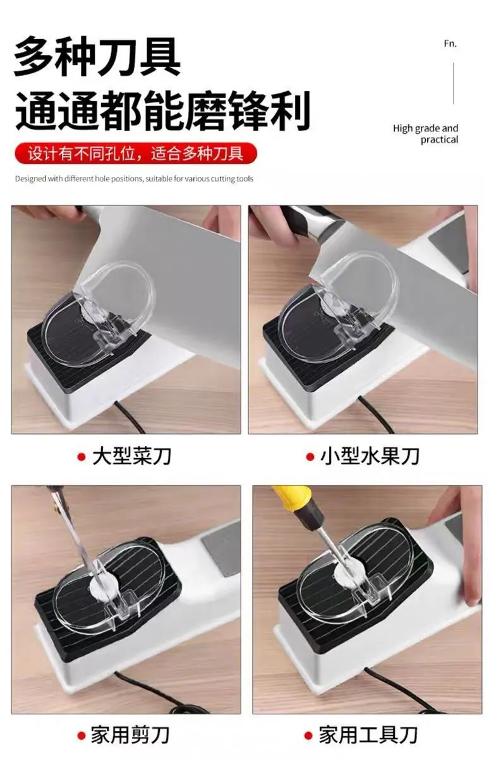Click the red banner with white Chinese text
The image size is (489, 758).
point(136,153)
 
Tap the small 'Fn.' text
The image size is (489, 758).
point(450,44)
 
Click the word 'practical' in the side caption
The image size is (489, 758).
point(439,140)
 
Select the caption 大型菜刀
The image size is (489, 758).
point(131,456)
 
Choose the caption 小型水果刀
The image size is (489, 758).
point(370,456)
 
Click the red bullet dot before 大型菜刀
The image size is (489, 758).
point(81,457)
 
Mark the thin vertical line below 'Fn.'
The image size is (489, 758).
point(454,83)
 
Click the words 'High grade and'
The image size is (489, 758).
point(425,129)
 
